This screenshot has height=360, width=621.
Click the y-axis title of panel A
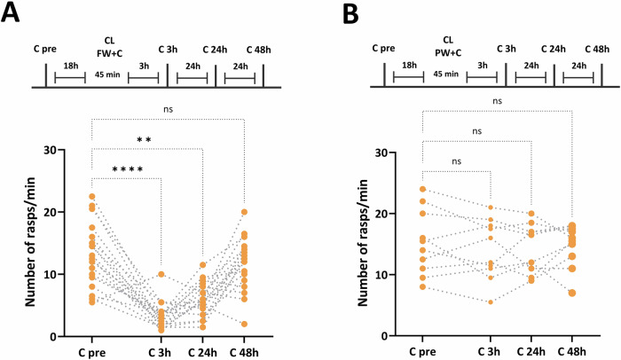[31, 244]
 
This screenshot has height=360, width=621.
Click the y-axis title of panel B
[362, 244]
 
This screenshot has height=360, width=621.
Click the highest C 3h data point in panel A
[161, 275]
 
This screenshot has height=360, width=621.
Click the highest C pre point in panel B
[423, 189]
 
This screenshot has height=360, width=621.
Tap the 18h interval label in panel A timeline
[69, 66]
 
